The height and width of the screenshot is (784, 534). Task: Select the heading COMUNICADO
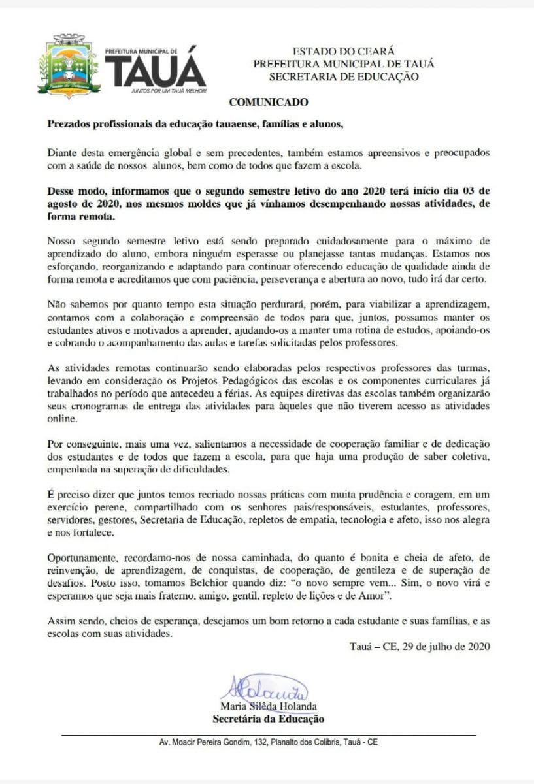pos(268,103)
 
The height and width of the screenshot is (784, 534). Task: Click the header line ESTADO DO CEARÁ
pos(344,51)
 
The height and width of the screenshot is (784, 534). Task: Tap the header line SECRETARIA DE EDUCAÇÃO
pos(344,77)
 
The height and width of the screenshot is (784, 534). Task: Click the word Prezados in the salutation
pos(69,124)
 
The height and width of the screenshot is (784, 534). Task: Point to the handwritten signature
pos(264,687)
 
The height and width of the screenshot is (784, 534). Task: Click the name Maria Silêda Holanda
pos(269,706)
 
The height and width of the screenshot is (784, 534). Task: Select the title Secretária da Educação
pos(269,719)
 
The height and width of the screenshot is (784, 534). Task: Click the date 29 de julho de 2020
pos(445,647)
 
